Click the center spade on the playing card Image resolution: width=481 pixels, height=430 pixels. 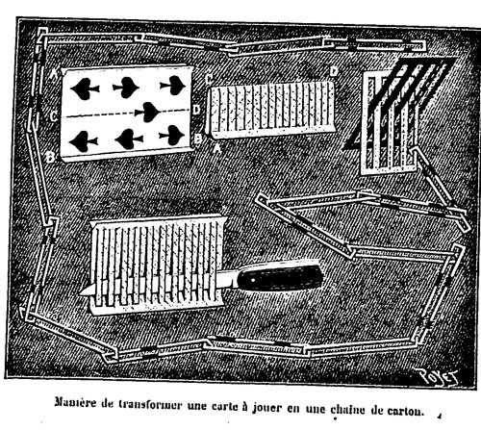[x=148, y=112]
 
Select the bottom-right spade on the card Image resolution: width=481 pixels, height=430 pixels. [x=172, y=135]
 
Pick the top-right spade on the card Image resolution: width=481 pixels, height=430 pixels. [x=173, y=85]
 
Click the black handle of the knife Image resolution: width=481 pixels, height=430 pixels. [x=280, y=277]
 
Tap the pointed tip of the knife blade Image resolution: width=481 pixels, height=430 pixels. [x=80, y=291]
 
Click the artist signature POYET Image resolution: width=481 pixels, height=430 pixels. [x=437, y=376]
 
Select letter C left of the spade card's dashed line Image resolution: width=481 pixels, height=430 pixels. [x=54, y=116]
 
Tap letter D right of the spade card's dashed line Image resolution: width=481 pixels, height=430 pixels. [x=196, y=110]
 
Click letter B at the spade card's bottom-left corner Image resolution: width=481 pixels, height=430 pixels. [x=51, y=157]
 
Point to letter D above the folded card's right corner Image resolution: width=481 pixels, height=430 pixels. [x=334, y=72]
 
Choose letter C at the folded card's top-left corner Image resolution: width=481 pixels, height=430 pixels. [x=209, y=79]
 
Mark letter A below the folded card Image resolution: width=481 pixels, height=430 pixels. [x=217, y=148]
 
